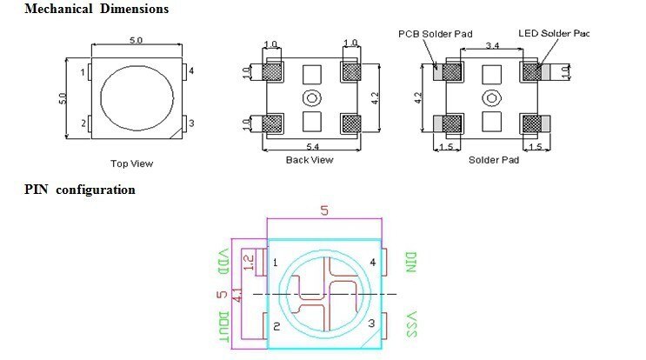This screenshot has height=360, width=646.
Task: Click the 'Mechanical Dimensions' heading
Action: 84,10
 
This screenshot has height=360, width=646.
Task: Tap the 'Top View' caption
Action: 131,163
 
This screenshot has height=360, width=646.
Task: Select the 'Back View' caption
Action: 309,159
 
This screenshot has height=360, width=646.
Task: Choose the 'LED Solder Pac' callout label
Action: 553,34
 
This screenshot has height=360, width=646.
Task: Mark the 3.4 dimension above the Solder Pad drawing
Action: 491,43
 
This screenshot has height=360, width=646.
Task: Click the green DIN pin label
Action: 412,262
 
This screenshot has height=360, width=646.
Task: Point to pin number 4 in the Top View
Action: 190,70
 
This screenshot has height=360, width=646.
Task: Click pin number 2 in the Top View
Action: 83,123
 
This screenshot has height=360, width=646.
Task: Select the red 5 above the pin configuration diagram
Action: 324,210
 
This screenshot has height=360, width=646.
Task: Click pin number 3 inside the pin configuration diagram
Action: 372,323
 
